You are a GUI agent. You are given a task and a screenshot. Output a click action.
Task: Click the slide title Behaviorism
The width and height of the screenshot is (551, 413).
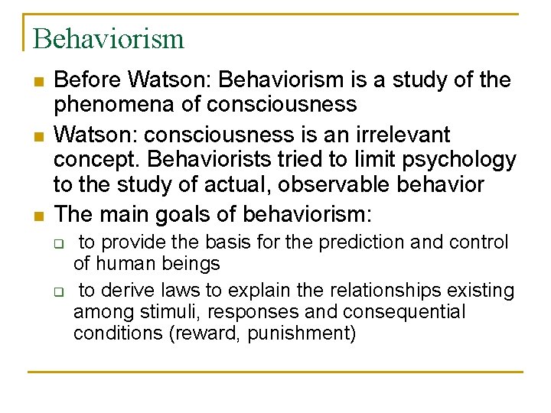click(x=109, y=38)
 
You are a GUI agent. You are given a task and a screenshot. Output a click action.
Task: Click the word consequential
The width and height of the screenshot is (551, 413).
click(x=403, y=312)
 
